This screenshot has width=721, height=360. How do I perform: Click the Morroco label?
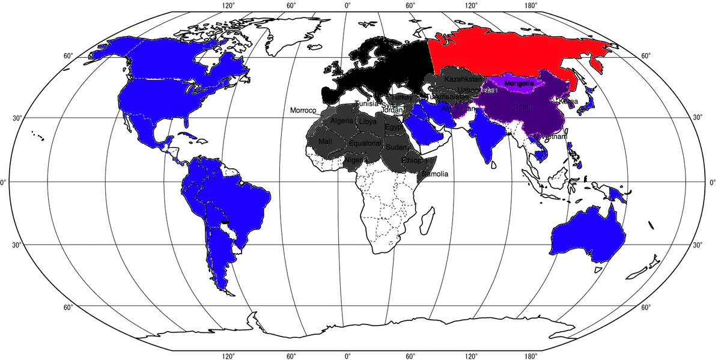tap(303, 111)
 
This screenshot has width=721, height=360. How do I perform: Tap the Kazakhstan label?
tap(463, 79)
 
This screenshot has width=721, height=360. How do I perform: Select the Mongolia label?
tap(519, 83)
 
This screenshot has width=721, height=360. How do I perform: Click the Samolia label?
tap(435, 174)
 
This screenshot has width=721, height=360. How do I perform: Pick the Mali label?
tap(325, 141)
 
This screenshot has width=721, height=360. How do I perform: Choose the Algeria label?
tap(342, 121)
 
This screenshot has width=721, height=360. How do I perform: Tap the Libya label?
tap(368, 121)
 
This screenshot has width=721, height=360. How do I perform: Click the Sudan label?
tap(396, 147)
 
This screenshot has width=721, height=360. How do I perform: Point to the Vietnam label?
tap(553, 137)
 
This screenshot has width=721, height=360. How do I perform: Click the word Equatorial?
tap(365, 144)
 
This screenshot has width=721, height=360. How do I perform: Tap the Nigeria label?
tap(354, 160)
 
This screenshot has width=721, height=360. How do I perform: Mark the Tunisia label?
tap(366, 103)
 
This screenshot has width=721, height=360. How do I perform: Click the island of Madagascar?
tap(428, 219)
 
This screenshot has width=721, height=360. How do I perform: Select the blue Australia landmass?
tap(586, 234)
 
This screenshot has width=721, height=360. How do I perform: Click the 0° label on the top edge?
tap(347, 5)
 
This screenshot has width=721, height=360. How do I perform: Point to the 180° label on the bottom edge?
tap(531, 356)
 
